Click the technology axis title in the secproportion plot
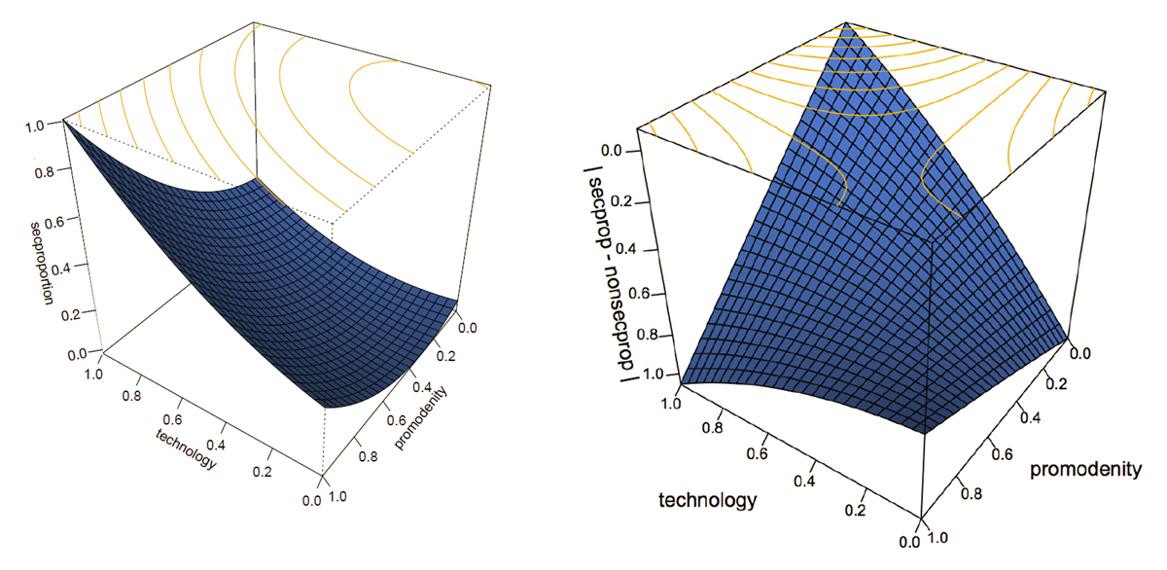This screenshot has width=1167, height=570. pos(186,448)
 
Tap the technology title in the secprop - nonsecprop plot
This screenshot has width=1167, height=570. pos(707,501)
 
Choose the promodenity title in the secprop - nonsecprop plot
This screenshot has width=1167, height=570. pos(1086,471)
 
